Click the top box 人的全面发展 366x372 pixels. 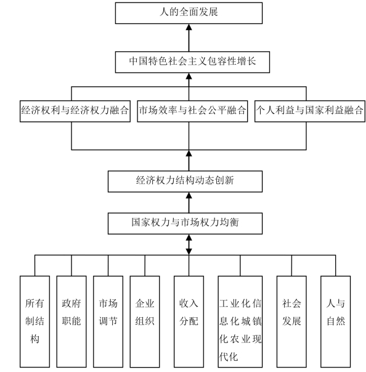[189, 13]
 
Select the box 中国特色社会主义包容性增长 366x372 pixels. [192, 62]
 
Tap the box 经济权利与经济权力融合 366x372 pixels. [75, 111]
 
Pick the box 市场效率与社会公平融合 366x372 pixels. [192, 111]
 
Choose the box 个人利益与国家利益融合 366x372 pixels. [310, 111]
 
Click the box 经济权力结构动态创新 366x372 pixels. [185, 181]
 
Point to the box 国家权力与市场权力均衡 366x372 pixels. [185, 224]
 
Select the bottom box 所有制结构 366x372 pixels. [35, 321]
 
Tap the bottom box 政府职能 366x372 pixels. [71, 321]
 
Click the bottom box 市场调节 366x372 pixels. [108, 321]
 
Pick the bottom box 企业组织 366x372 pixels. [145, 321]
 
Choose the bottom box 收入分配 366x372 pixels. [189, 321]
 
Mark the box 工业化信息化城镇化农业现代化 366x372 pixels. [240, 321]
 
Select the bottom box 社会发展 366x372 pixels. [291, 321]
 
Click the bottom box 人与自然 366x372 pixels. [335, 321]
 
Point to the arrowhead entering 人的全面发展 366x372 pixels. [189, 27]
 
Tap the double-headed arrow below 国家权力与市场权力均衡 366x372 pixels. [189, 245]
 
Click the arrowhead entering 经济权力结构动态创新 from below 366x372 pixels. [189, 195]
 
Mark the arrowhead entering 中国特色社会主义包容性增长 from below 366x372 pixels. [189, 76]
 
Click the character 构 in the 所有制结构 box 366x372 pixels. [35, 339]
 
